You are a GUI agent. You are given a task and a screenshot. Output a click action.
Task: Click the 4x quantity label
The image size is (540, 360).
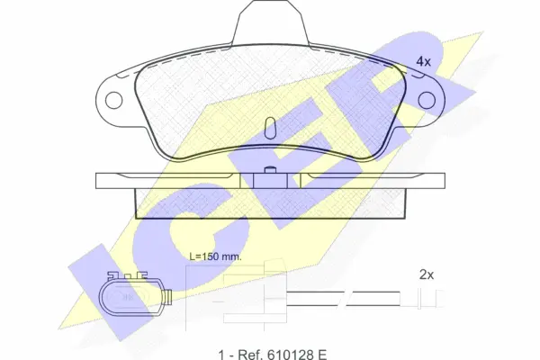coord(423,62)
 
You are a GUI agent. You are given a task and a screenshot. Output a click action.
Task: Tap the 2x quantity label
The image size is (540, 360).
coord(427,274)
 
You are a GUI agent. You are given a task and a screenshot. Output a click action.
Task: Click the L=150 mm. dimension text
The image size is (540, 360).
coord(216,256)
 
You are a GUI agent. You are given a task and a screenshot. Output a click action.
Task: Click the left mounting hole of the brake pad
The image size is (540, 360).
coord(114,100)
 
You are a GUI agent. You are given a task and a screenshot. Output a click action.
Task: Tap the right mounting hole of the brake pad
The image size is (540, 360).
coord(427,100)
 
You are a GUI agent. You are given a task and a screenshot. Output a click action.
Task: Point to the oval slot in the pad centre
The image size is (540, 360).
coord(270,128)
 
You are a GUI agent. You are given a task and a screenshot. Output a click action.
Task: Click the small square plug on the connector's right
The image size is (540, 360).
coord(167,297)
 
